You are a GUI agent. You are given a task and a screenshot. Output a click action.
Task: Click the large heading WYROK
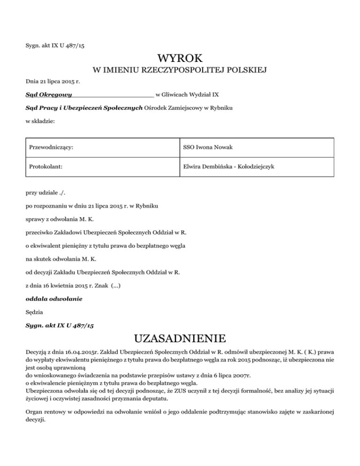pos(180,58)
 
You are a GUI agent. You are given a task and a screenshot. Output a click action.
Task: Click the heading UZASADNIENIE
pos(180,338)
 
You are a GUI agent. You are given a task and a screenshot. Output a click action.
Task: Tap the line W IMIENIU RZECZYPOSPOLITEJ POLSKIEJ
pos(180,71)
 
